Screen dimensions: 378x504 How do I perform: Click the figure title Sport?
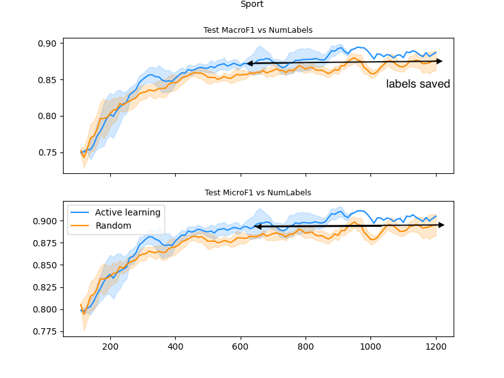coord(252,4)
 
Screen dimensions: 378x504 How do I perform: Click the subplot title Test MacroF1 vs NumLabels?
coord(258,30)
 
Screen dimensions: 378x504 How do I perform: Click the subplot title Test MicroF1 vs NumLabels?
coord(258,193)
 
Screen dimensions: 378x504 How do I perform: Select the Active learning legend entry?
coord(127,212)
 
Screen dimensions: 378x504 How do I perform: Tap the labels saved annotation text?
coord(418,84)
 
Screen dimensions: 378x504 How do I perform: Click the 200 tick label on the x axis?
coord(110,346)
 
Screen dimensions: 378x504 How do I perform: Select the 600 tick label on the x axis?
coord(241,346)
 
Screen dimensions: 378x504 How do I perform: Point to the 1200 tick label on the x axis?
coord(436,346)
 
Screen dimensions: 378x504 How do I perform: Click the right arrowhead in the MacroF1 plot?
coord(440,61)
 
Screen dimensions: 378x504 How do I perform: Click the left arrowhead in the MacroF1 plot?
coord(249,63)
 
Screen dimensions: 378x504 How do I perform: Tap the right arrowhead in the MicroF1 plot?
coord(441,225)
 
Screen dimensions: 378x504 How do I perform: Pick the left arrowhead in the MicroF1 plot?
coord(257,226)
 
